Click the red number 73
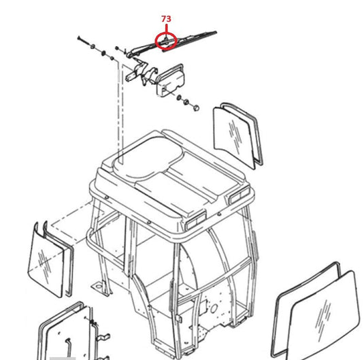pos(166,19)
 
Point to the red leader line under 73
pos(166,29)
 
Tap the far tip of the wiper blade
pos(216,32)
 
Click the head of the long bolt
pos(79,37)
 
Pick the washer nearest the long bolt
pos(93,46)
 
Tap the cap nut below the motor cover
pos(196,108)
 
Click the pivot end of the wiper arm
pos(129,55)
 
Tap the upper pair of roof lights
pos(239,195)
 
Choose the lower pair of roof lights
pos(196,220)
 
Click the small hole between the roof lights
pos(219,213)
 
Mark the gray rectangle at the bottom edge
pos(63,359)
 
